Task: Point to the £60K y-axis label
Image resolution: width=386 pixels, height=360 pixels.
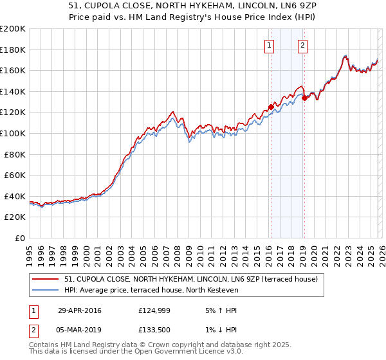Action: pyautogui.click(x=15, y=175)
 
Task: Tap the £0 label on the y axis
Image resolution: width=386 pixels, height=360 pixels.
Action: pyautogui.click(x=21, y=238)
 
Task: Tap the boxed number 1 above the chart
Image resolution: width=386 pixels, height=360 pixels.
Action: pyautogui.click(x=268, y=45)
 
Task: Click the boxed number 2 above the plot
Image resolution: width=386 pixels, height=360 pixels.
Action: pyautogui.click(x=302, y=45)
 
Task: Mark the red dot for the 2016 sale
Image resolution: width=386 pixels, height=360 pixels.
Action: pyautogui.click(x=271, y=107)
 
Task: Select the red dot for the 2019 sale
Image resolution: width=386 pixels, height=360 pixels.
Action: pyautogui.click(x=304, y=98)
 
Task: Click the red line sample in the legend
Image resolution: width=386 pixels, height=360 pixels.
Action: pyautogui.click(x=46, y=280)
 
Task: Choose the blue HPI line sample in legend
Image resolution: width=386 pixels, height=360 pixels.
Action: pyautogui.click(x=46, y=290)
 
